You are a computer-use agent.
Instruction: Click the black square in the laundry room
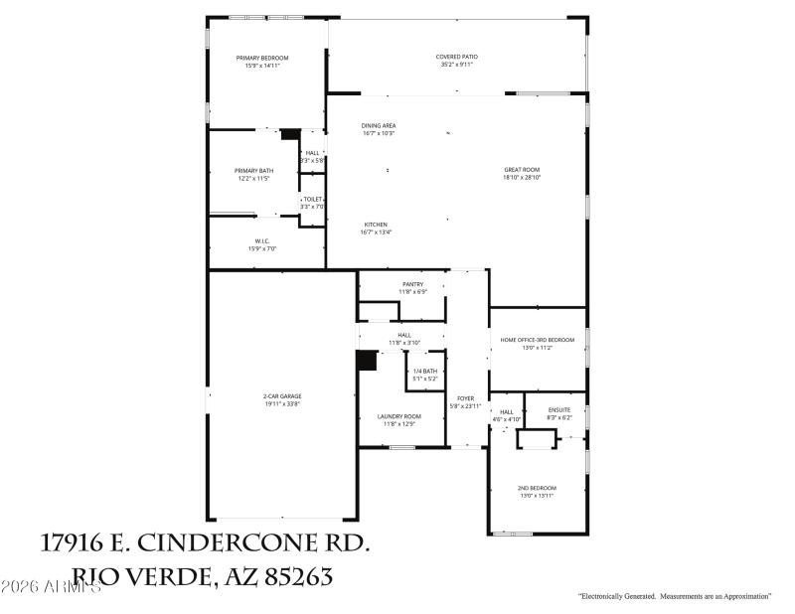[x=367, y=361]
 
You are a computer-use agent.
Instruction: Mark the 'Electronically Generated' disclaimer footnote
[x=675, y=596]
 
